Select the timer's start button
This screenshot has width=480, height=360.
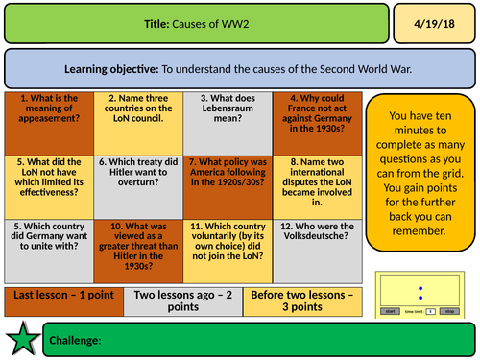(391, 311)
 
